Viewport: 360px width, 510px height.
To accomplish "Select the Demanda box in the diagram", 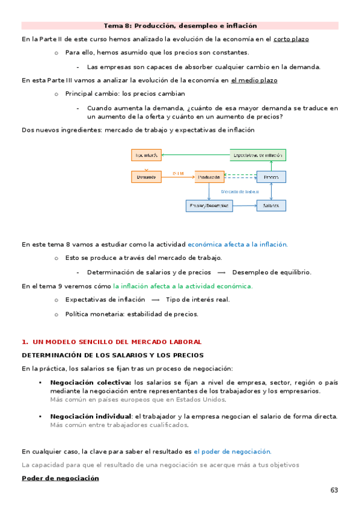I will click(x=147, y=177).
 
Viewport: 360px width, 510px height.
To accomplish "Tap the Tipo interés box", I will click(x=147, y=155).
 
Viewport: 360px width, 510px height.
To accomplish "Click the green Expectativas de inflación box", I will click(x=258, y=155).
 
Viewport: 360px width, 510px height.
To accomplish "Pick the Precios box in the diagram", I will click(x=271, y=177).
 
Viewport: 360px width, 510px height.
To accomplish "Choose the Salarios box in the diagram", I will click(x=271, y=206).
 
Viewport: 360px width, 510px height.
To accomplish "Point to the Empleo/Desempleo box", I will click(x=209, y=206).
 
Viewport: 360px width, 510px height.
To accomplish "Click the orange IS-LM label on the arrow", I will click(x=178, y=173).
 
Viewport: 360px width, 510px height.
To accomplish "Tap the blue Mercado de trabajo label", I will click(x=240, y=191).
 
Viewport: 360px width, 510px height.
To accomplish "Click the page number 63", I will click(x=334, y=490).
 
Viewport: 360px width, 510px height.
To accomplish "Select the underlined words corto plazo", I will click(x=291, y=39).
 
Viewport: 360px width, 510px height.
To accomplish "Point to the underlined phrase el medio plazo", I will click(x=254, y=80).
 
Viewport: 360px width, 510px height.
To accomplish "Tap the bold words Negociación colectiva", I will click(x=91, y=382).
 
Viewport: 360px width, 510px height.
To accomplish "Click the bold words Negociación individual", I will click(x=91, y=416).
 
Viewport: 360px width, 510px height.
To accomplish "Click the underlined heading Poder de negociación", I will click(x=60, y=478).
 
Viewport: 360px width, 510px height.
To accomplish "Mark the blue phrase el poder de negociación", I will click(x=232, y=451).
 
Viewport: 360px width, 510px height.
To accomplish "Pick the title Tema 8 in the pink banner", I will click(x=180, y=26).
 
